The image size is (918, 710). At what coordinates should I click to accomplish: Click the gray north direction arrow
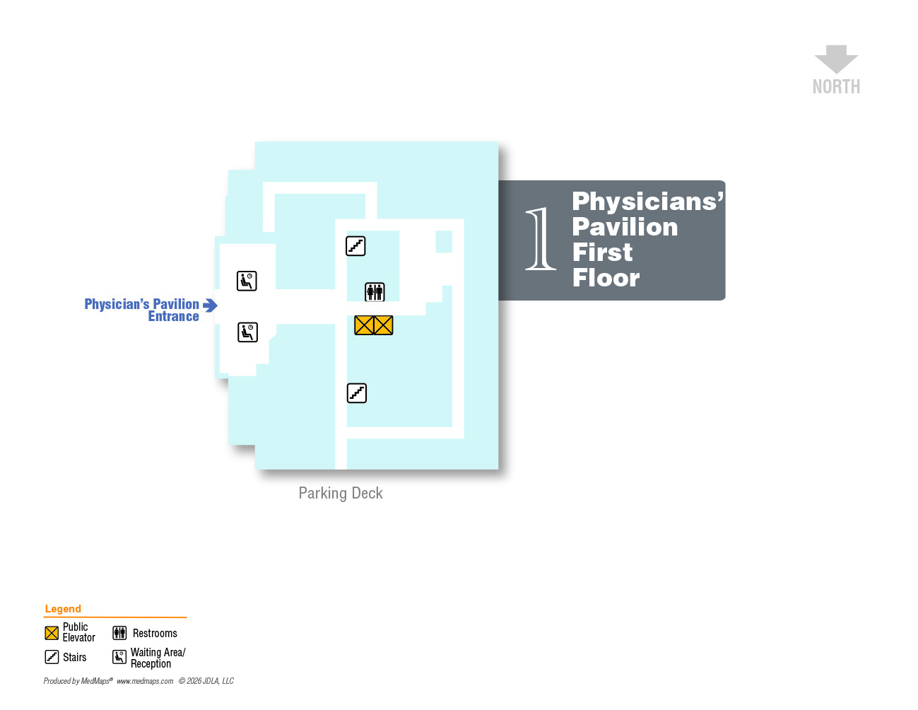tap(836, 59)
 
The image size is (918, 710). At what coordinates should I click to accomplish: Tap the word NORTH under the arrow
tap(836, 87)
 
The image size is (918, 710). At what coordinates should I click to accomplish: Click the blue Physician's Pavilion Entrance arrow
tap(210, 305)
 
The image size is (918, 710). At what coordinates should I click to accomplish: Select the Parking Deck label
tap(341, 493)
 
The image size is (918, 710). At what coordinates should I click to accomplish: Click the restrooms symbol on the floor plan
tap(375, 291)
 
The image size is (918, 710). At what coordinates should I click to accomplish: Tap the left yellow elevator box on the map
tap(364, 325)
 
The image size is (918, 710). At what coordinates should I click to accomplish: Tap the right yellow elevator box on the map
tap(383, 325)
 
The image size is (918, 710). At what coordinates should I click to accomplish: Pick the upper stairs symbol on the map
tap(355, 246)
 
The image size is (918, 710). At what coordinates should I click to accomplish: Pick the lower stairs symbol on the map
tap(357, 393)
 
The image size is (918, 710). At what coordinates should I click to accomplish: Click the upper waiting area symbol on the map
tap(247, 281)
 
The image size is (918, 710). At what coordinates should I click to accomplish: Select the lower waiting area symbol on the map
tap(247, 332)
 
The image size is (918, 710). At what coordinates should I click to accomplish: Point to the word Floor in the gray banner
tap(606, 278)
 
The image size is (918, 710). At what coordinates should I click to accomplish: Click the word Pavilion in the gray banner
tap(625, 227)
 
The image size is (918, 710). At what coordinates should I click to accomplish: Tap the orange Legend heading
tap(63, 609)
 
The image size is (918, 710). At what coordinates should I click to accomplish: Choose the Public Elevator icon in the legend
tap(52, 633)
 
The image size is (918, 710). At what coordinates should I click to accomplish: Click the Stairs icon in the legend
tap(52, 657)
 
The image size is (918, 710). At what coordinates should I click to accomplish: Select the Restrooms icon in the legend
tap(119, 633)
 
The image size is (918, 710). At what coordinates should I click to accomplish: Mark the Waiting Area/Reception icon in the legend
tap(119, 657)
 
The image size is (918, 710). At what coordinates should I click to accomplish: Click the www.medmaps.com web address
tap(145, 681)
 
